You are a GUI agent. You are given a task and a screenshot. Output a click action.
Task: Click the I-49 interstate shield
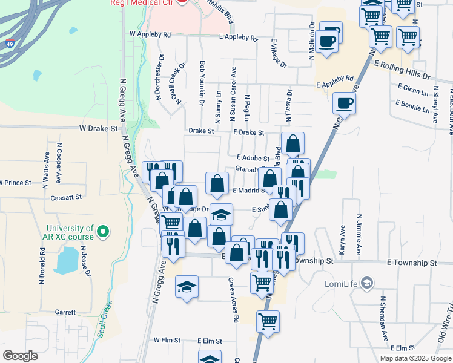coord(10,44)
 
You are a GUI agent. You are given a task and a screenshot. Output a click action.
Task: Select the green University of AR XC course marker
coord(102,231)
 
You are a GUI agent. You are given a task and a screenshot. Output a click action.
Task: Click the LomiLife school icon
coord(367,283)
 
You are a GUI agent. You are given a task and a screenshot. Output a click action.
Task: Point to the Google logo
coord(21,356)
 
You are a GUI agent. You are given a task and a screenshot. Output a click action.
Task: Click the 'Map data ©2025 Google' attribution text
coord(415,358)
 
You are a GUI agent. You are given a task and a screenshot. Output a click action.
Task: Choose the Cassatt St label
coord(67,197)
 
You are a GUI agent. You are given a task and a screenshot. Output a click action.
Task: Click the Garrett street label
coord(65,313)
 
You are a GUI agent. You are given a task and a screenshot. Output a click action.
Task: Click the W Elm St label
coord(167,341)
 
